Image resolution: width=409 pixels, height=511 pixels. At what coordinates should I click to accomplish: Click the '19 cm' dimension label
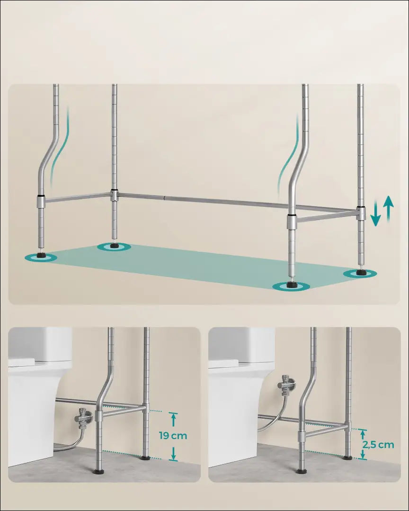coord(173,435)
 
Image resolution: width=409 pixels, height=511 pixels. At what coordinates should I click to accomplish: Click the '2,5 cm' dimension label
coord(378,444)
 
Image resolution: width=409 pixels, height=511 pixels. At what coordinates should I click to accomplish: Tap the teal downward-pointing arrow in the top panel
coord(376,213)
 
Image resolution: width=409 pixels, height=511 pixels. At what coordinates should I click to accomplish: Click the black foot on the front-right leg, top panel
coord(291,284)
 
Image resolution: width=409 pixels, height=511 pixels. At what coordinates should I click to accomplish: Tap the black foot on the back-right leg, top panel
coord(360,272)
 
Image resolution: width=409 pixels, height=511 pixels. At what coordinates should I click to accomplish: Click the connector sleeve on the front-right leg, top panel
coord(292,221)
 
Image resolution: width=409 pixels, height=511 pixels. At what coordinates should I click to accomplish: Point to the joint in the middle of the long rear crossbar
coord(165,197)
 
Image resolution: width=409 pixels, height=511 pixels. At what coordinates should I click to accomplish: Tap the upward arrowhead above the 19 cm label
coord(174,415)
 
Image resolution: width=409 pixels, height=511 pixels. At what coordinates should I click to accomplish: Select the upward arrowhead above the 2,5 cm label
coord(363,432)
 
